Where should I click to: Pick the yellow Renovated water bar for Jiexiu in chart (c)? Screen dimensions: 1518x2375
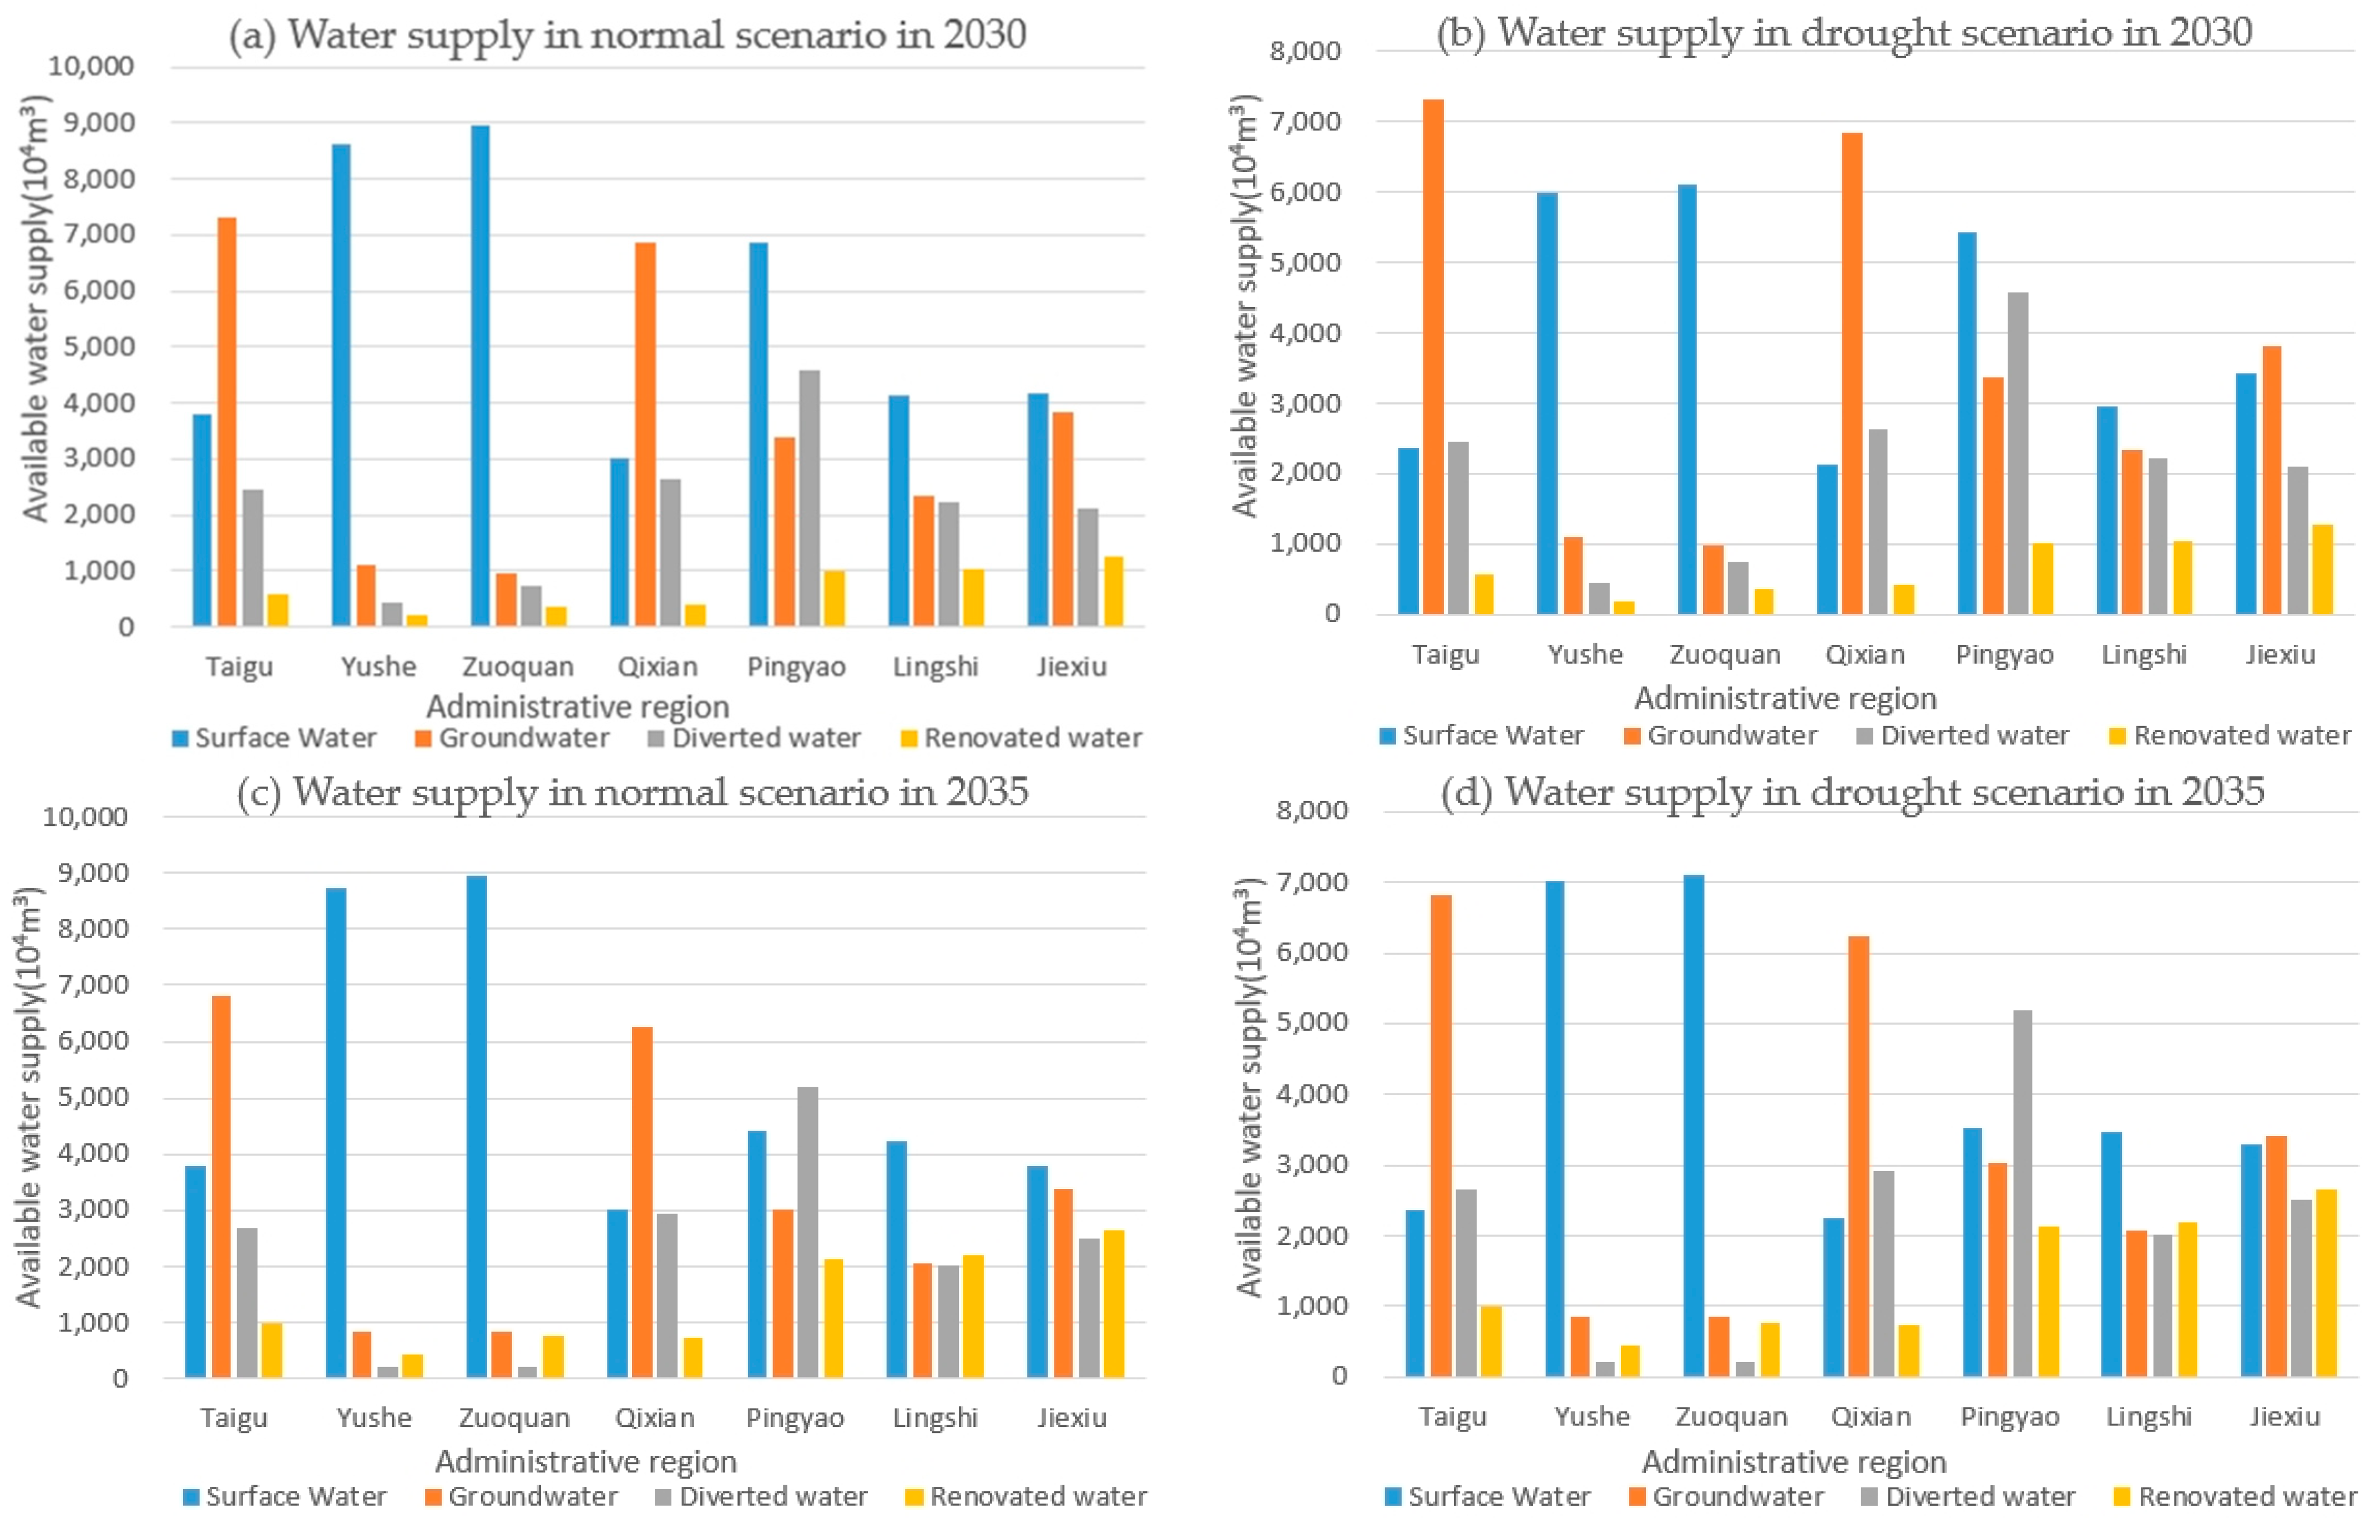(1114, 1303)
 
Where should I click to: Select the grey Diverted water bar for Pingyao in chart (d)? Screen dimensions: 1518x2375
(2022, 1193)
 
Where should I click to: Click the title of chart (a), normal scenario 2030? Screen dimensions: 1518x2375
(627, 36)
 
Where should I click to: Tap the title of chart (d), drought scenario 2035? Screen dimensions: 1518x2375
(1852, 792)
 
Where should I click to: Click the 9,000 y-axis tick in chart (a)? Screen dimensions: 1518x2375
(92, 123)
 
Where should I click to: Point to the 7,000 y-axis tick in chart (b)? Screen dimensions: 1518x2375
(1306, 122)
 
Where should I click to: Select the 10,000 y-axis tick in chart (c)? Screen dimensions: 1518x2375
(86, 816)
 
